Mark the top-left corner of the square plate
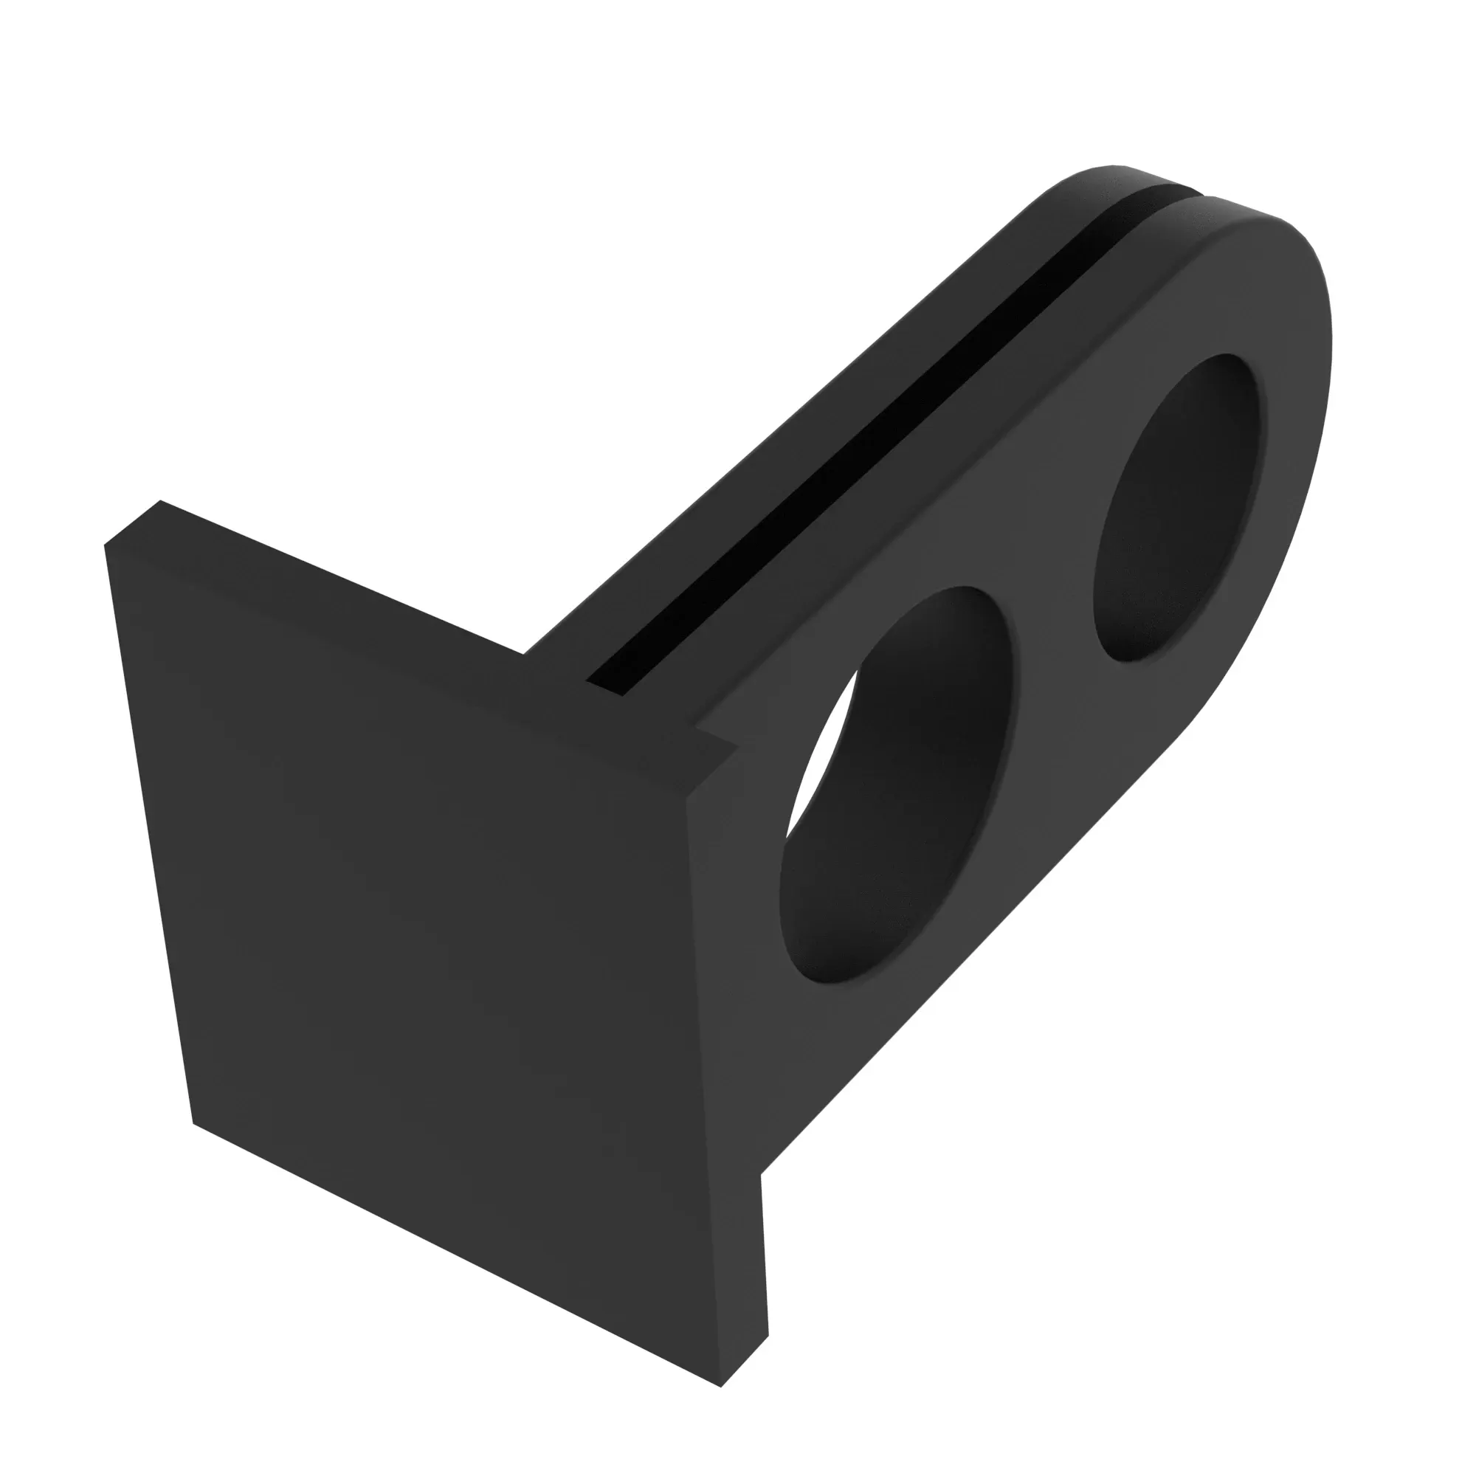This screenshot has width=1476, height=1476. (107, 544)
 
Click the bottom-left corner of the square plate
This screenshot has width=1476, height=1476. (193, 1122)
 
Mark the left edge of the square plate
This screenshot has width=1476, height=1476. (149, 832)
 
